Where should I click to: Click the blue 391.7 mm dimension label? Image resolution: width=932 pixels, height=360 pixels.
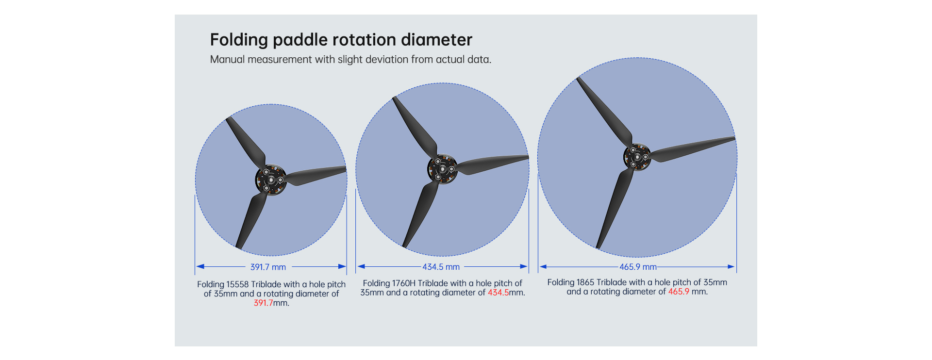click(x=268, y=267)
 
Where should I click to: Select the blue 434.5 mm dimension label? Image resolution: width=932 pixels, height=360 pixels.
click(x=441, y=267)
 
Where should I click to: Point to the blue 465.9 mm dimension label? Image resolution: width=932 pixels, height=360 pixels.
click(x=638, y=267)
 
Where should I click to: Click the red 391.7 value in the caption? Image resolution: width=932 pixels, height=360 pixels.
click(x=263, y=303)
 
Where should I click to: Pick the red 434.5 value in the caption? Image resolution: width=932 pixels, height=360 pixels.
click(x=498, y=293)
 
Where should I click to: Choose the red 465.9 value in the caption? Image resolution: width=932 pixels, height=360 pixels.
click(x=679, y=292)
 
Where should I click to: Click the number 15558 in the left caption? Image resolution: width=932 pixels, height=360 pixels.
click(x=237, y=284)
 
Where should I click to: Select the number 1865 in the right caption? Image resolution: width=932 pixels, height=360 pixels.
click(x=586, y=282)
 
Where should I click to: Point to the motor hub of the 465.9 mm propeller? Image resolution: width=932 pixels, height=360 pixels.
click(x=637, y=157)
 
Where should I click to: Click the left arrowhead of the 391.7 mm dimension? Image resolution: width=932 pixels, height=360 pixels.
click(x=200, y=266)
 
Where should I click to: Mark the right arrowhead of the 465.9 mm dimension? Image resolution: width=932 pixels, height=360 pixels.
click(x=732, y=266)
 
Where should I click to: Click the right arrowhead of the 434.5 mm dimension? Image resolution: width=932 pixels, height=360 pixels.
click(x=524, y=266)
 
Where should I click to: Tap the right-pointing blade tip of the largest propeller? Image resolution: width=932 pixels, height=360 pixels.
click(x=734, y=139)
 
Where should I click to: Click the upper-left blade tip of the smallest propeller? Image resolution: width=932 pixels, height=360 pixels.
click(x=228, y=119)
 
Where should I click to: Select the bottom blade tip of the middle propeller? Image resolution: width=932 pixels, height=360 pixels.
click(x=404, y=246)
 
